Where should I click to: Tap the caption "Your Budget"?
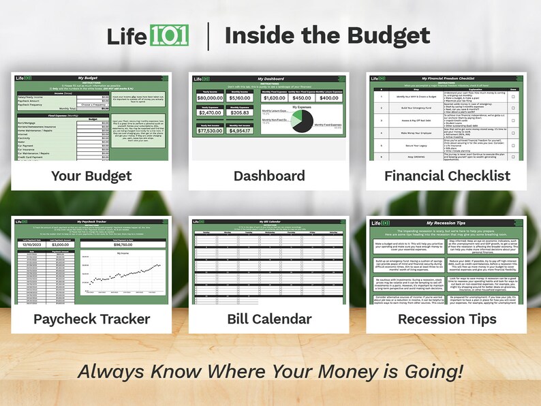click(91, 176)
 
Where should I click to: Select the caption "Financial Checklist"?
click(447, 176)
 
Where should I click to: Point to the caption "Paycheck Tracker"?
click(91, 319)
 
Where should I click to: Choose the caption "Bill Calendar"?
click(269, 319)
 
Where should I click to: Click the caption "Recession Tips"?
click(447, 319)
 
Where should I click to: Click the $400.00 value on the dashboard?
click(329, 97)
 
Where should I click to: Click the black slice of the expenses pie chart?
click(298, 123)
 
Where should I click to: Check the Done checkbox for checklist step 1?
click(512, 97)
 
